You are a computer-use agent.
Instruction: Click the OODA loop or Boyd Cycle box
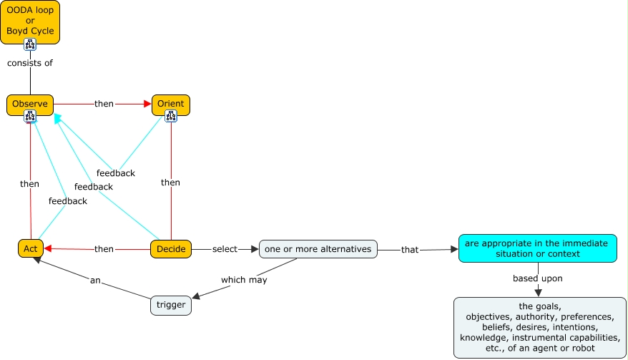click(x=30, y=21)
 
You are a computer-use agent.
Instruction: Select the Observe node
click(x=30, y=104)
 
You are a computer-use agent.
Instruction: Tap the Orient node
click(x=171, y=104)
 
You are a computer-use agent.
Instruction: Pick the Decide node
click(x=171, y=249)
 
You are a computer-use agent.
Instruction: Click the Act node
click(x=31, y=248)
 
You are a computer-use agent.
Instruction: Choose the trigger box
click(x=171, y=305)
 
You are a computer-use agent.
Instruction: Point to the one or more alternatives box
click(x=318, y=249)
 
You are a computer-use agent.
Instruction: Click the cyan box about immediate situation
click(x=537, y=248)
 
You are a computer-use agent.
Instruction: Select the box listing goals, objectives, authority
click(x=540, y=328)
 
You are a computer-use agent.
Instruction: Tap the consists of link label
click(x=30, y=63)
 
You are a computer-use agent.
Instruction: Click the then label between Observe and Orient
click(x=104, y=104)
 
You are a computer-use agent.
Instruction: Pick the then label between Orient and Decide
click(x=171, y=183)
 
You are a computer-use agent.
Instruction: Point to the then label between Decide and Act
click(x=104, y=249)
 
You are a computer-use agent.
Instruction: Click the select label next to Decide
click(x=225, y=249)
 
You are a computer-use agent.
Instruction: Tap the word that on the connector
click(x=410, y=250)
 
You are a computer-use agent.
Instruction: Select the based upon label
click(x=538, y=278)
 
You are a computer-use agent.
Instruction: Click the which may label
click(x=245, y=280)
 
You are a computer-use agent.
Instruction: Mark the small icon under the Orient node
click(x=171, y=116)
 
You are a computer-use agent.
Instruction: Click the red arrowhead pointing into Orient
click(x=147, y=104)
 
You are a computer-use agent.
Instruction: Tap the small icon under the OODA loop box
click(x=30, y=44)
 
